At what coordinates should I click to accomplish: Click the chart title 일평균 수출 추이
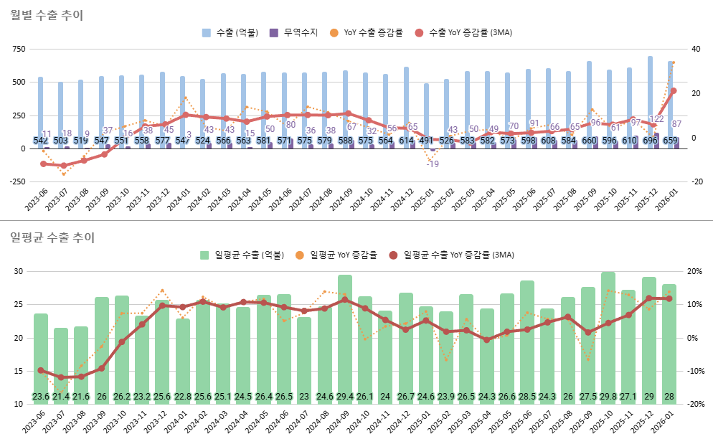click(52, 237)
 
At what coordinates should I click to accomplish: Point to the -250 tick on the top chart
click(16, 181)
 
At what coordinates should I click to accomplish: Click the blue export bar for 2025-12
click(650, 100)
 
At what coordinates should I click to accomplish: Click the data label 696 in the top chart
click(651, 141)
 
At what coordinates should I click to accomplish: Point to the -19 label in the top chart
click(433, 164)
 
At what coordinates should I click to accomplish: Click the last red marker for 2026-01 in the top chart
click(673, 91)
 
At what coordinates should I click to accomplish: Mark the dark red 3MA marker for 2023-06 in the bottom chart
click(41, 370)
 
